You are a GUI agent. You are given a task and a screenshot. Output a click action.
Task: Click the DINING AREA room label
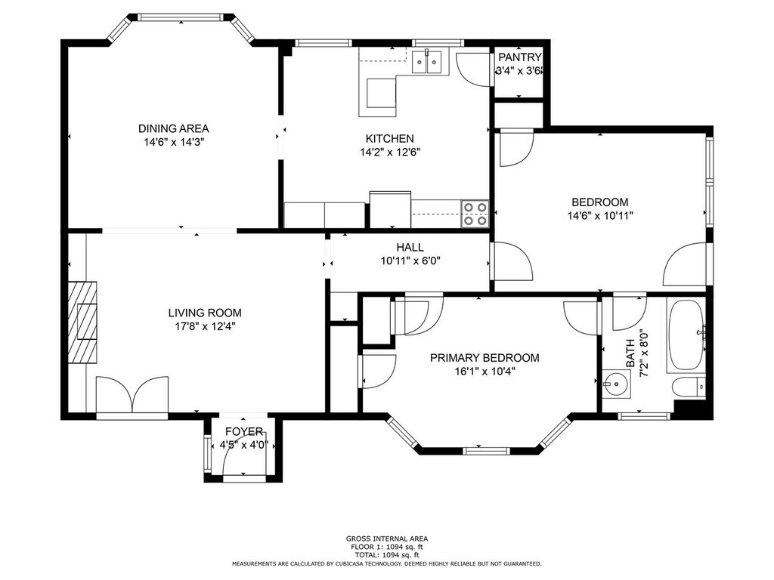click(x=173, y=128)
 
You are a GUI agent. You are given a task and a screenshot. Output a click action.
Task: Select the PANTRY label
click(x=520, y=57)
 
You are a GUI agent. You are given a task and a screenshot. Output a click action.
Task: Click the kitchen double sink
click(x=427, y=62)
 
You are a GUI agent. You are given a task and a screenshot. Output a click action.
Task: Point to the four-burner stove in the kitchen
click(x=475, y=214)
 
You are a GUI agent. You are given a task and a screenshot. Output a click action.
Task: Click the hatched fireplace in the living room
click(x=82, y=322)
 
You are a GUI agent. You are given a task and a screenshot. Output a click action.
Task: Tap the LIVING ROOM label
click(x=205, y=313)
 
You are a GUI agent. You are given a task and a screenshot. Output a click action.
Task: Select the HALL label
click(x=410, y=247)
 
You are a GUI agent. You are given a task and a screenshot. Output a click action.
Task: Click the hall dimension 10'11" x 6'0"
click(x=410, y=261)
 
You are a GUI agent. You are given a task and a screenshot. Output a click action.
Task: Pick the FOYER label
click(x=244, y=431)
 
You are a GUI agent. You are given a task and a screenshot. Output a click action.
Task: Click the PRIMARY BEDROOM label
click(x=485, y=357)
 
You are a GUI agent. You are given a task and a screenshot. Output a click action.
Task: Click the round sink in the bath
click(x=616, y=384)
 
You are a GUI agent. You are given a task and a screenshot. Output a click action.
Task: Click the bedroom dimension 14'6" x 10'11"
click(x=599, y=215)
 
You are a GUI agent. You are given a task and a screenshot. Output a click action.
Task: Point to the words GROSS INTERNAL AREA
click(x=387, y=538)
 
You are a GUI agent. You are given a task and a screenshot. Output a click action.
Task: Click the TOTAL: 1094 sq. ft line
click(x=386, y=555)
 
